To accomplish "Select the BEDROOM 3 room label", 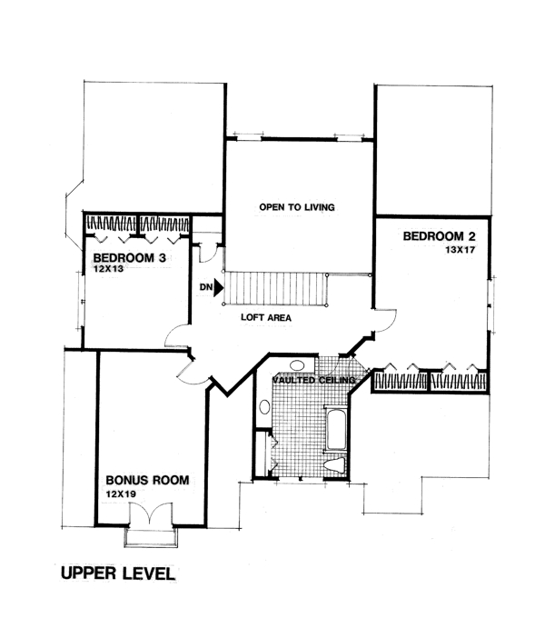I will tap(129, 258).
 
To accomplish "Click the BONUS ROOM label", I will tap(147, 480).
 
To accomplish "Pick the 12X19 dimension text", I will tap(120, 493).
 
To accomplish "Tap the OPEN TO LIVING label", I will tap(297, 208).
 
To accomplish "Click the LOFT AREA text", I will tap(266, 319).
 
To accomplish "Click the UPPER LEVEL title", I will tap(115, 573).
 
